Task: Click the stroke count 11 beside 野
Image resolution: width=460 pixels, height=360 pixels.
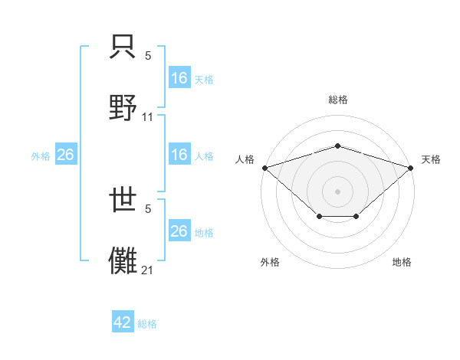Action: point(148,117)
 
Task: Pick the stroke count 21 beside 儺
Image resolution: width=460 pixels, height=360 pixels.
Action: point(148,270)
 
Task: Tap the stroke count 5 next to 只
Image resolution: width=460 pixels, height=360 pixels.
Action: point(148,56)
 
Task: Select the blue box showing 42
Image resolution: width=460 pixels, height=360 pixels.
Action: point(123,322)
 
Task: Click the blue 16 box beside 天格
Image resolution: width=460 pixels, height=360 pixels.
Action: point(179,78)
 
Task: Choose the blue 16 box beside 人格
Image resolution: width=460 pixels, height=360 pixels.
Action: point(179,155)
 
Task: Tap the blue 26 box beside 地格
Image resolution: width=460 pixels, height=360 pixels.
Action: point(179,231)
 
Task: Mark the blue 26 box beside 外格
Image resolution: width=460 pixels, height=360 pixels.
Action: point(65,155)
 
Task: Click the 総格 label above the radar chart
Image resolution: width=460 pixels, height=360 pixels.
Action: point(338,100)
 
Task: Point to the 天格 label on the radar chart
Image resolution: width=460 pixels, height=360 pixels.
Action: point(431,159)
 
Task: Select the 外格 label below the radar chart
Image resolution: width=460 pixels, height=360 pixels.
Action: point(270,262)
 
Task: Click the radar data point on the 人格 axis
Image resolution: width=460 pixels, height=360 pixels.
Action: point(264,168)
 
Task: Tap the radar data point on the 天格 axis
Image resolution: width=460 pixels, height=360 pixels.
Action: point(411,168)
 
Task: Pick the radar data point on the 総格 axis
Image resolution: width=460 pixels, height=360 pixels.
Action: point(338,146)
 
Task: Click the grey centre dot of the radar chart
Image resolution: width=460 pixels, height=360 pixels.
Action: point(338,191)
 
